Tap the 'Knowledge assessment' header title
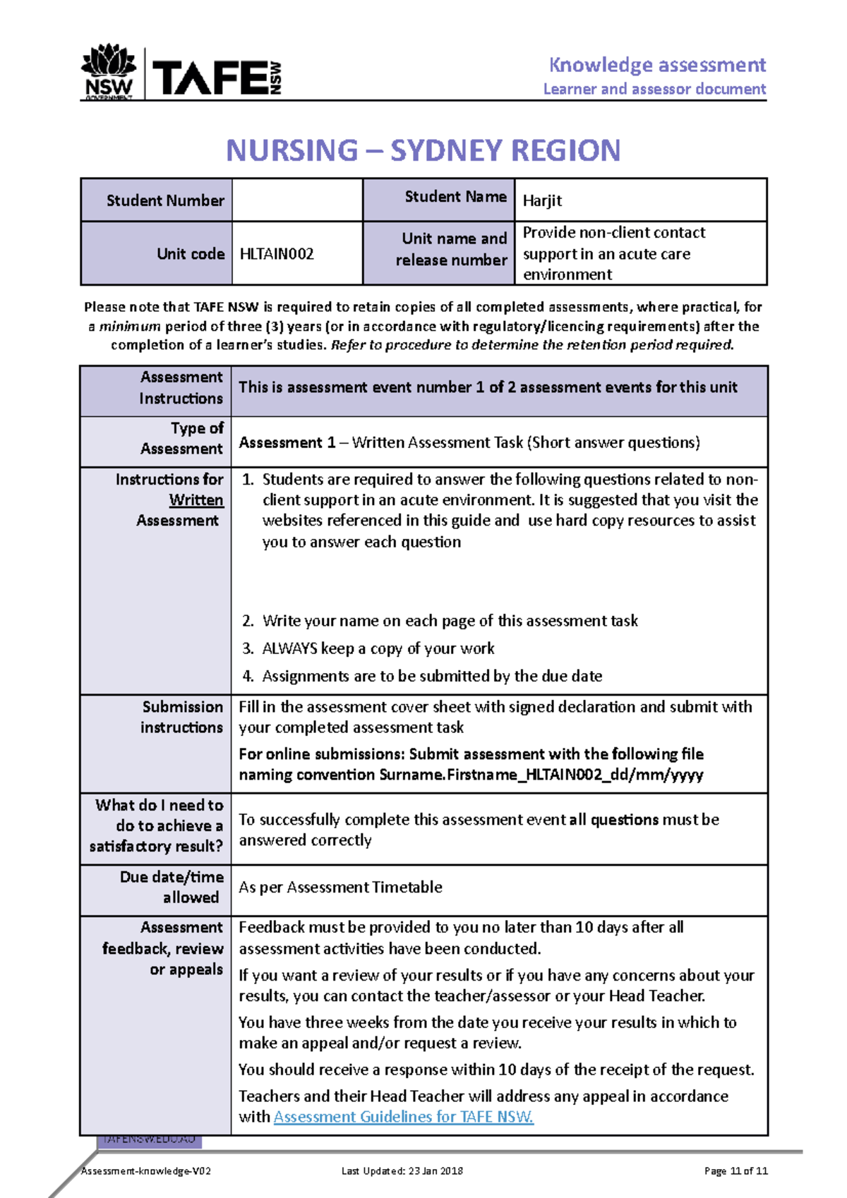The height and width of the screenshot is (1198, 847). [657, 65]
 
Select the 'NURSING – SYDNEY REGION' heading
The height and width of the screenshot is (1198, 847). [423, 150]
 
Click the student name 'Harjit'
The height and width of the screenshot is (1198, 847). [542, 200]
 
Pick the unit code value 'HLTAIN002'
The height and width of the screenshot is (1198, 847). [277, 254]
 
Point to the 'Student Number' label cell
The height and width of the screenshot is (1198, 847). [165, 200]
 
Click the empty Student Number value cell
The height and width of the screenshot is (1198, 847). [297, 200]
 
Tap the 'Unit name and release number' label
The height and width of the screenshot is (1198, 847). [452, 249]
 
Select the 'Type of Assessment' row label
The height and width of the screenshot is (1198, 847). [182, 438]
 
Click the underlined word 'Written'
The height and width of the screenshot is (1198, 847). [196, 500]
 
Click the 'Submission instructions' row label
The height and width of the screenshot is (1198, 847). [182, 717]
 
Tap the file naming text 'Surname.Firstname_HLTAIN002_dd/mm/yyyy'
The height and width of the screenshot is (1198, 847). [541, 775]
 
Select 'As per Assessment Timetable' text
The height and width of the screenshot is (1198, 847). [340, 887]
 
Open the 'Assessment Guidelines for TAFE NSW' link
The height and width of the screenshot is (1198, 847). [403, 1117]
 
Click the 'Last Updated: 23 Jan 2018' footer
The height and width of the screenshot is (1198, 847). [402, 1171]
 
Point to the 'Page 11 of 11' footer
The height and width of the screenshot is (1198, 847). [735, 1171]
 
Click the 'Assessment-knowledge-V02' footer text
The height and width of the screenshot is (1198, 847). [146, 1171]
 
